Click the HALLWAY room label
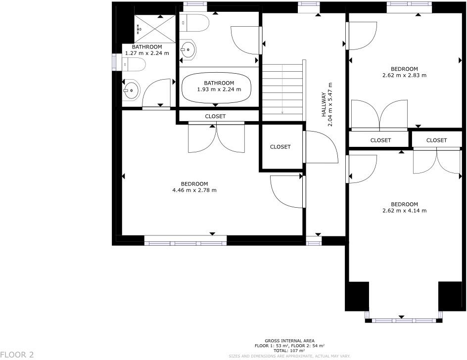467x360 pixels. click(x=324, y=104)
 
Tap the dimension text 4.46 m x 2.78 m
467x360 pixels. click(x=194, y=190)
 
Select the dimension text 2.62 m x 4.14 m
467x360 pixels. click(x=404, y=210)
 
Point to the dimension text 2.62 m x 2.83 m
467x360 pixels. click(x=404, y=75)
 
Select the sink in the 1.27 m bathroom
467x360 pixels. click(x=131, y=90)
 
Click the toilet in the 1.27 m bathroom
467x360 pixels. click(x=134, y=64)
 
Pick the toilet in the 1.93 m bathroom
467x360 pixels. click(x=195, y=22)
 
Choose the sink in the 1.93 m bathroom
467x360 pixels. click(x=188, y=49)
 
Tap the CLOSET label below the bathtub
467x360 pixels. click(x=215, y=116)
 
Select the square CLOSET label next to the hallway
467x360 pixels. click(x=280, y=147)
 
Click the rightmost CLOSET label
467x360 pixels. click(x=436, y=140)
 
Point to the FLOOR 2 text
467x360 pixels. click(x=17, y=355)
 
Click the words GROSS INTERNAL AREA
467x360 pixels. click(x=289, y=341)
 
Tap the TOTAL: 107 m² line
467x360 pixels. click(x=289, y=350)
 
